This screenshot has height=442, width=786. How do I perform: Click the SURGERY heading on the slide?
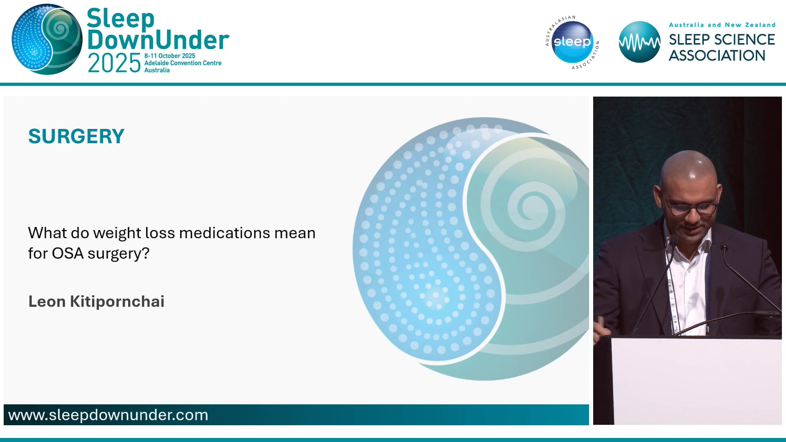tap(76, 136)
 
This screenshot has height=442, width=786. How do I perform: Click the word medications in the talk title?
tap(225, 233)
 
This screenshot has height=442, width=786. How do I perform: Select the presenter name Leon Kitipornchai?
tap(96, 302)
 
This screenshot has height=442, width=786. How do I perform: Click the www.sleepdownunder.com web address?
tap(108, 415)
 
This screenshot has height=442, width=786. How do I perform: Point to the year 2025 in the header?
tap(114, 63)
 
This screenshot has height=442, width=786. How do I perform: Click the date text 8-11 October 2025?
tap(169, 56)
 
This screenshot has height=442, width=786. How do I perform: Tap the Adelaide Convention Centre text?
tap(183, 63)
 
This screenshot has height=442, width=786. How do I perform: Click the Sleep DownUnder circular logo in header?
tap(47, 39)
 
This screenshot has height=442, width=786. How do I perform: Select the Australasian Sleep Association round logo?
tap(572, 42)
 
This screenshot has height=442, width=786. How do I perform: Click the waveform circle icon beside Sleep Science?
tap(639, 42)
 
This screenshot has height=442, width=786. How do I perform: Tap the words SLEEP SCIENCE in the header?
tap(721, 40)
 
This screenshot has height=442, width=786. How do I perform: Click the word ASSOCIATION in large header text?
tap(717, 56)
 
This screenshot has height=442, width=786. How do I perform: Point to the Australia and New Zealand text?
tap(722, 25)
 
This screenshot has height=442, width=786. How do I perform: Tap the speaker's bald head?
tap(689, 168)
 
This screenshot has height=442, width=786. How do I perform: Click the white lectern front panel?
tap(696, 381)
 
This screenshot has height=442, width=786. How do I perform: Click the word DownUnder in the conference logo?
tap(158, 40)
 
